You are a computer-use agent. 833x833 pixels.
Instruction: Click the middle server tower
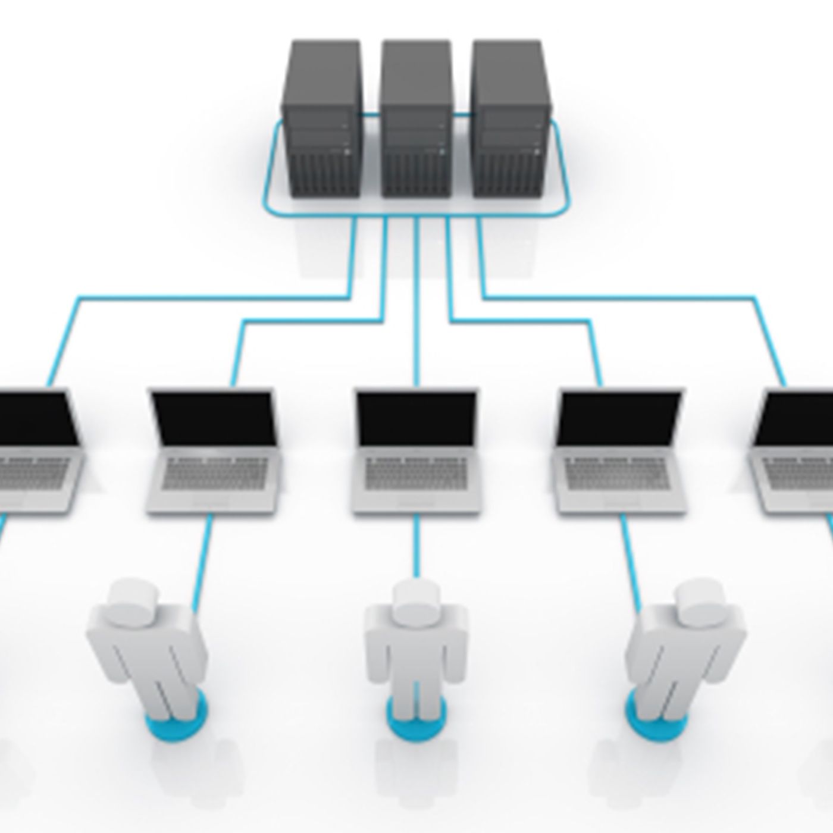tap(416, 119)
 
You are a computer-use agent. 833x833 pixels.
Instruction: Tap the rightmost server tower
tap(508, 119)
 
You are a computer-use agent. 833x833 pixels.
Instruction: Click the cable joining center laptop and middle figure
tap(416, 544)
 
